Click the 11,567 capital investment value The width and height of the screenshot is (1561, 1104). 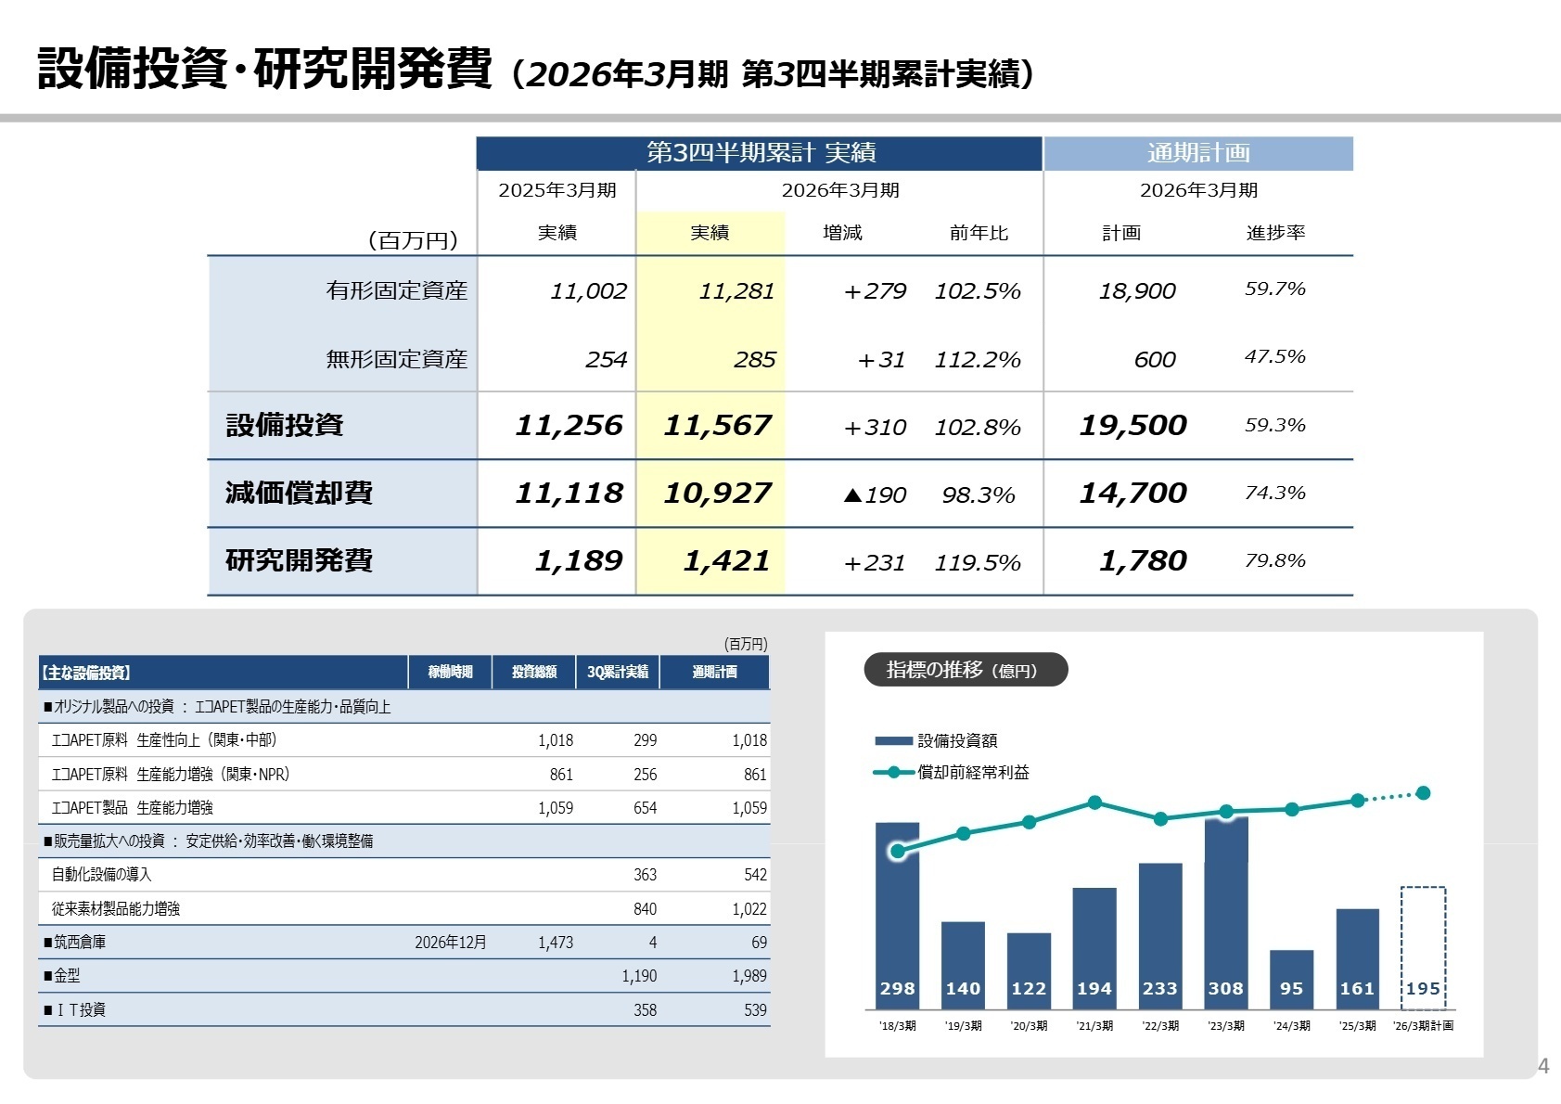point(717,425)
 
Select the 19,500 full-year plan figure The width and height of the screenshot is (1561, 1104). point(1132,425)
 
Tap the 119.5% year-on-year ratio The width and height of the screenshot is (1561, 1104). point(977,562)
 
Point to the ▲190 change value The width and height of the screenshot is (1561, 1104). point(875,494)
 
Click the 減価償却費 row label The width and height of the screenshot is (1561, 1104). point(299,493)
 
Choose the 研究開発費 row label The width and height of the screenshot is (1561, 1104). point(299,560)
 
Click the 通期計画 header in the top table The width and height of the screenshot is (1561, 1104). point(1197,153)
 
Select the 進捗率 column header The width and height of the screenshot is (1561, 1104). point(1275,233)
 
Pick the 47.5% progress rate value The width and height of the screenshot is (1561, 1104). point(1274,357)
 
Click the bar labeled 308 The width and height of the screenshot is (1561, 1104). point(1225,914)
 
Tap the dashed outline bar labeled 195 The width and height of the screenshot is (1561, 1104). point(1423,946)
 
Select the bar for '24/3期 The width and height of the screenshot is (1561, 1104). point(1291,979)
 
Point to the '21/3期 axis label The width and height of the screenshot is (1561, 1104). point(1094,1026)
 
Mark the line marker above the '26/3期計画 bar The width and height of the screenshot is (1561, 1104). point(1423,793)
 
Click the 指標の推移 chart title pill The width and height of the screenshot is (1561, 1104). point(965,670)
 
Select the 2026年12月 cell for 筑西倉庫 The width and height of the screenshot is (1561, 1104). point(450,943)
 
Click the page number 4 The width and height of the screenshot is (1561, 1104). point(1543,1066)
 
